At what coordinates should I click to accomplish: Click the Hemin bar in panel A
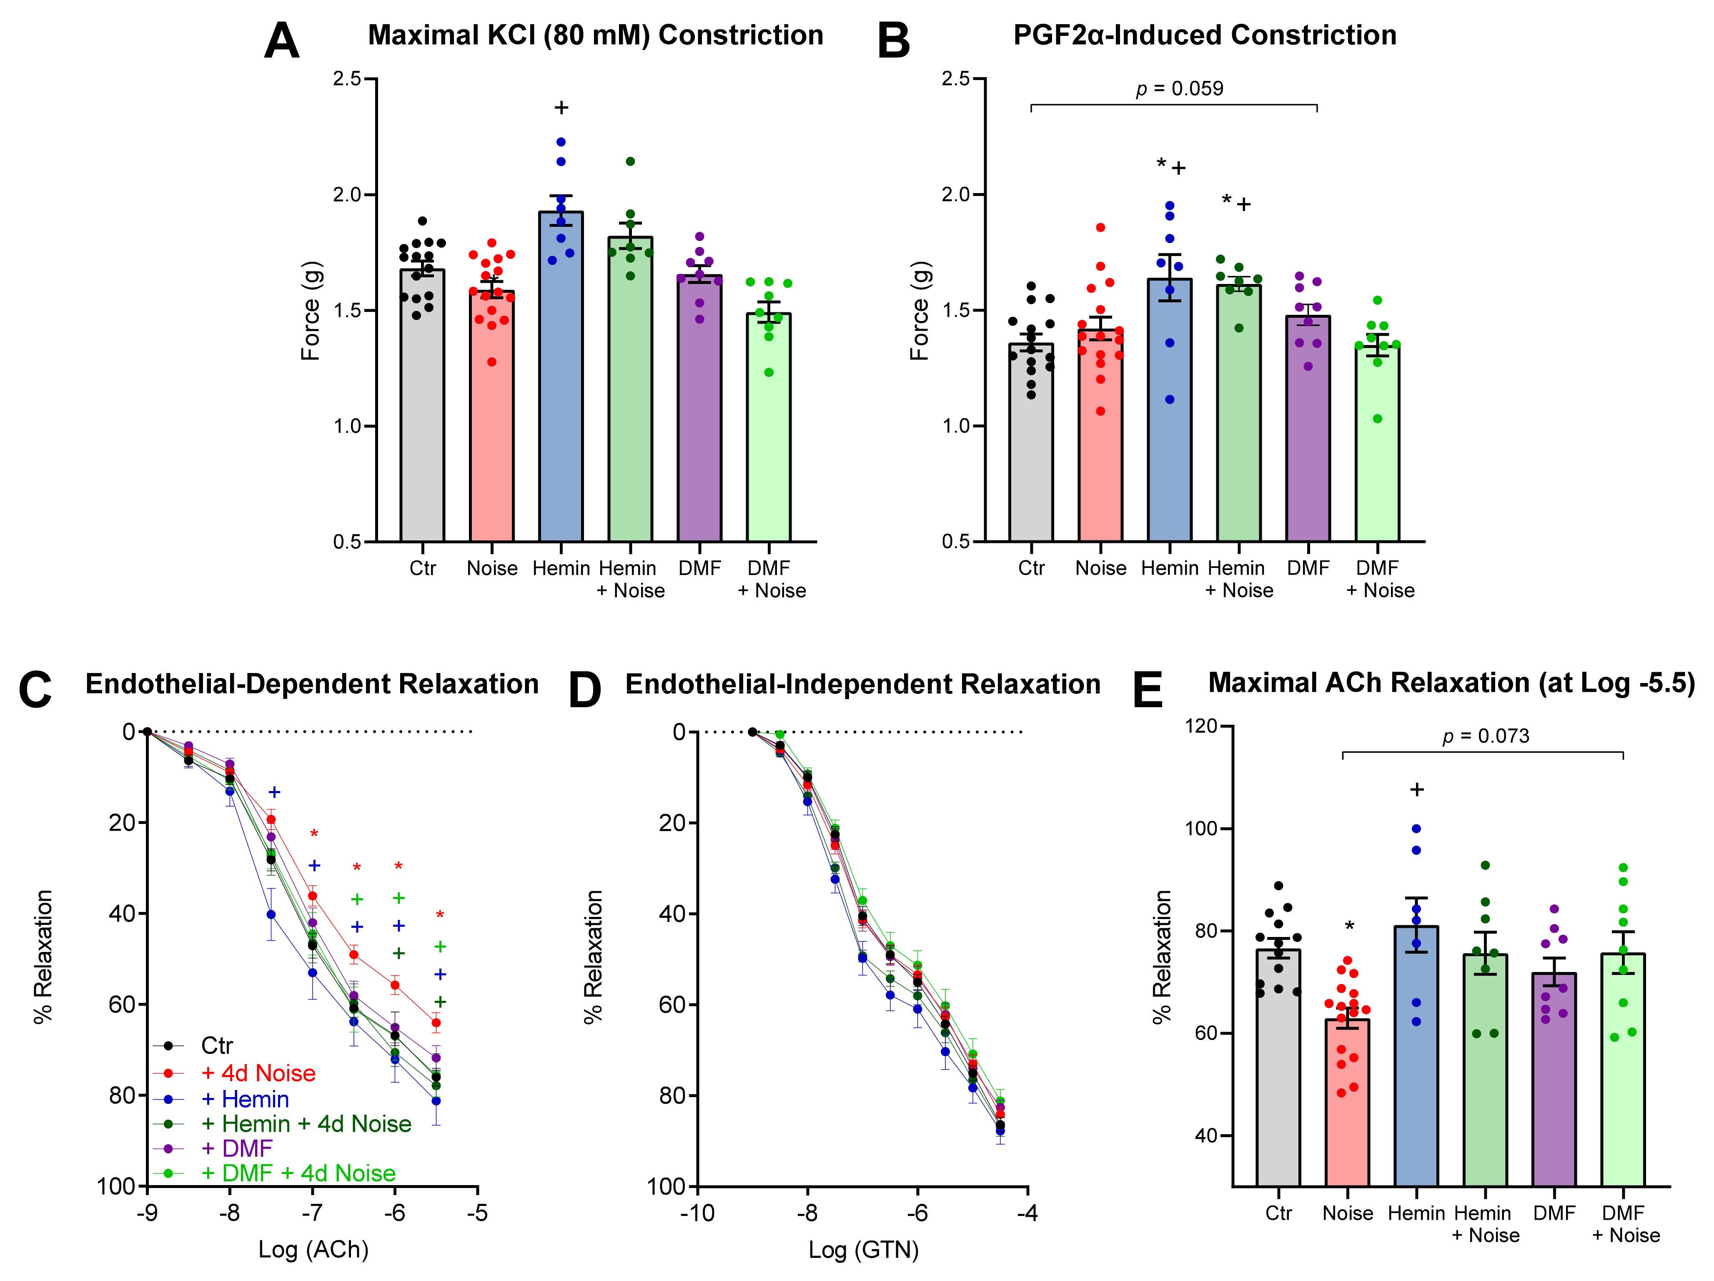point(561,387)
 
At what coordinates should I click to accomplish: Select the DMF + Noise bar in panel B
point(1377,450)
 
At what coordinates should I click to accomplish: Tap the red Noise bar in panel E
point(1348,1108)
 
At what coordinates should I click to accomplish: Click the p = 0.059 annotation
point(1179,88)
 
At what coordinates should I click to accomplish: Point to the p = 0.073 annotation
point(1486,736)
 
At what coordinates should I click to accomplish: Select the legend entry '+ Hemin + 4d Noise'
point(306,1124)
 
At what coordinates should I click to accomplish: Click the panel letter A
point(281,40)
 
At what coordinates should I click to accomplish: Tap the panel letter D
point(585,690)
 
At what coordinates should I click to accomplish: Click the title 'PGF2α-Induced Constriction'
point(1205,35)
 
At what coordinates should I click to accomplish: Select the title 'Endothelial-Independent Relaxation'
point(862,684)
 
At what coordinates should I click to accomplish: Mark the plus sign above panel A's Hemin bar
point(561,108)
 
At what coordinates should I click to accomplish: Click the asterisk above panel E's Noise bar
point(1349,926)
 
